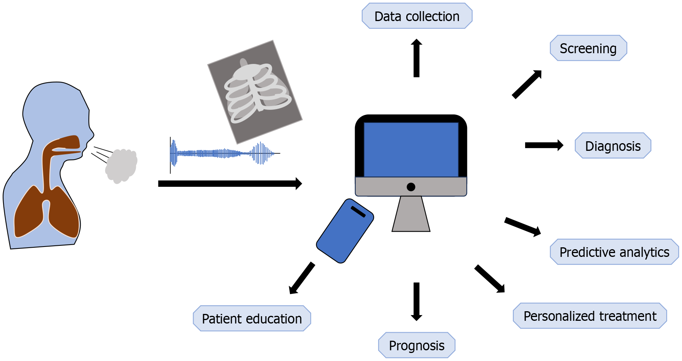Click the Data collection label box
click(x=417, y=16)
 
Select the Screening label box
click(x=588, y=48)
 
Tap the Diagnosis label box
click(x=613, y=145)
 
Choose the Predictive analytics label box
click(x=614, y=252)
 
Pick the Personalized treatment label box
click(x=590, y=316)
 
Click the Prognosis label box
click(x=417, y=345)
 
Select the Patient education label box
click(x=252, y=319)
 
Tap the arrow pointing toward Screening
click(x=527, y=85)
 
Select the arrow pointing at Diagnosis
click(x=544, y=145)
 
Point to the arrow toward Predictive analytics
click(x=522, y=226)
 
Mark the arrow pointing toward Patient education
click(x=302, y=278)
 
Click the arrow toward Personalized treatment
click(x=490, y=279)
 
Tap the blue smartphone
click(x=345, y=231)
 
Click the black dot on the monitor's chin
click(x=411, y=187)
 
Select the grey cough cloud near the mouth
click(x=121, y=166)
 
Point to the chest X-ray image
click(x=255, y=92)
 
